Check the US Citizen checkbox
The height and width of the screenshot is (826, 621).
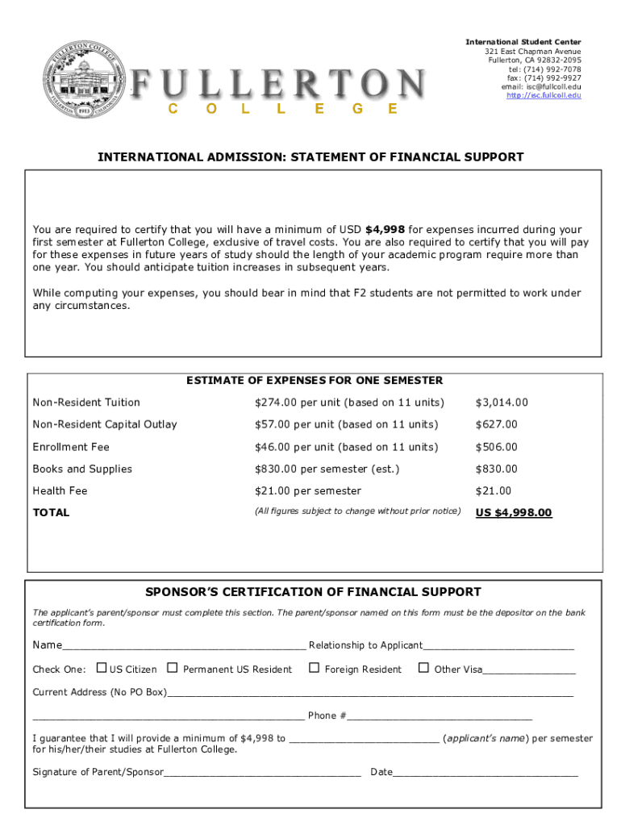pos(102,668)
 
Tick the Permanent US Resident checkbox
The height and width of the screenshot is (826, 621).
pos(172,668)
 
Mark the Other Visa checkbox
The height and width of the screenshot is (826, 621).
pos(423,668)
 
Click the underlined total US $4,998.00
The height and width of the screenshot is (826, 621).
pos(514,512)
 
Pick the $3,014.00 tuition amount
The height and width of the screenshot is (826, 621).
pos(501,403)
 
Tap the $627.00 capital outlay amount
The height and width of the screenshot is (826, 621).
pos(496,424)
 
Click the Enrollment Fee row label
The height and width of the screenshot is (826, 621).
pos(71,447)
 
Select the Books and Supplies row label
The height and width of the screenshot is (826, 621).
pos(82,469)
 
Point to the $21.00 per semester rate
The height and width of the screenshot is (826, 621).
pos(307,490)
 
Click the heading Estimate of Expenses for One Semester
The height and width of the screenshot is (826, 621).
pos(315,381)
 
